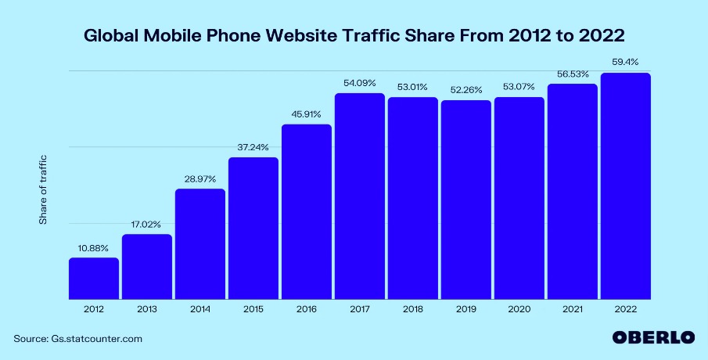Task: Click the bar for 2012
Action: (94, 279)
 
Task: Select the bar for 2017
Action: (360, 196)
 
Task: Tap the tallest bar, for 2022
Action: (625, 186)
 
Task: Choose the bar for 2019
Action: (465, 200)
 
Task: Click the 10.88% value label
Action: (94, 248)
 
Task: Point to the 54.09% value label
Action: (360, 83)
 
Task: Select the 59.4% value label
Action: (625, 63)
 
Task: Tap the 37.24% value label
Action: (253, 147)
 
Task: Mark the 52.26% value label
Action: (465, 90)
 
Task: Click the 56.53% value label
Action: (572, 74)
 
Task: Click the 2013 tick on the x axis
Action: (147, 310)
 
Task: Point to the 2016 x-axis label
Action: (307, 310)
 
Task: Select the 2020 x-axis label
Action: (519, 310)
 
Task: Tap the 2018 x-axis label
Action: (413, 310)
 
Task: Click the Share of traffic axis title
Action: (44, 189)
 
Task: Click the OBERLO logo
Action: (652, 338)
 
